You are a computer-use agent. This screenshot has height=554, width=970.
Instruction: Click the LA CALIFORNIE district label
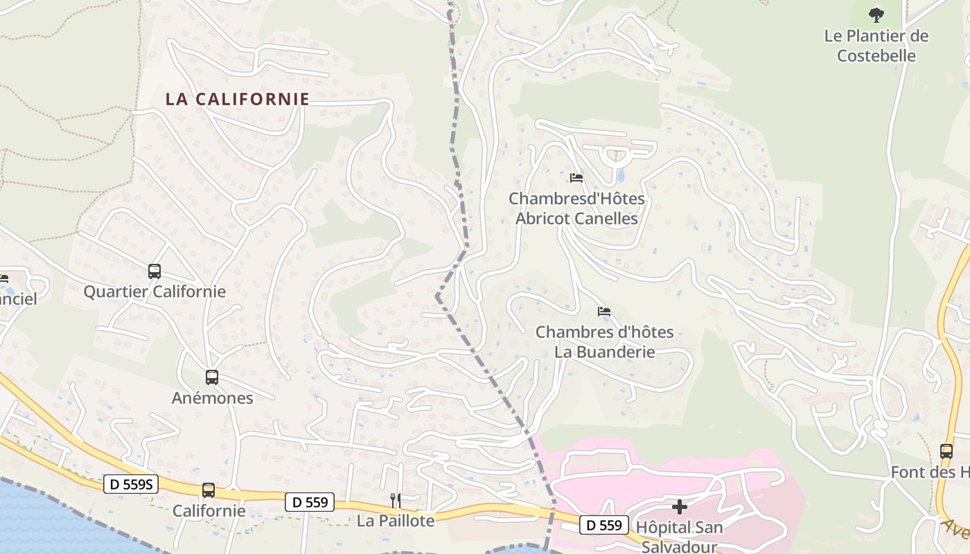[237, 99]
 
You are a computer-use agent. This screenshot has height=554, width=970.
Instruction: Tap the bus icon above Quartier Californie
[155, 271]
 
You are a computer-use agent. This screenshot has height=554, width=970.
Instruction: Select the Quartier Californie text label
[155, 292]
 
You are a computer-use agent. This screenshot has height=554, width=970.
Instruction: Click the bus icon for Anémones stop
[212, 377]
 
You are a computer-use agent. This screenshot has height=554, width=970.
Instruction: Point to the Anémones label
[212, 398]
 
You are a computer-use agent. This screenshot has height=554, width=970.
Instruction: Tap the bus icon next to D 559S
[209, 490]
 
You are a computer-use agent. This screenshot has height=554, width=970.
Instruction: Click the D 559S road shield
[131, 484]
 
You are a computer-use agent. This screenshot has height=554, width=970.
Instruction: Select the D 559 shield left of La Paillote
[309, 502]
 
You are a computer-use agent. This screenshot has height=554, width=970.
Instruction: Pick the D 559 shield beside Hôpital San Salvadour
[603, 525]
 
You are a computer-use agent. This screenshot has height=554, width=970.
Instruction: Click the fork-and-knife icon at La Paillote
[396, 500]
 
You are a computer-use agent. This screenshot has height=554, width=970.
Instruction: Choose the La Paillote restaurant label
[396, 521]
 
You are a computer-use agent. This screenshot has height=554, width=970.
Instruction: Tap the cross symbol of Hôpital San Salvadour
[680, 507]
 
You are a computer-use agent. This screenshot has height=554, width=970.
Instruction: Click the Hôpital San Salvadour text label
[679, 537]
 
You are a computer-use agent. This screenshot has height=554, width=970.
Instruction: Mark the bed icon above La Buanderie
[604, 312]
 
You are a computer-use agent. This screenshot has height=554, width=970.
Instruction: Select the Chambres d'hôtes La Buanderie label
[604, 342]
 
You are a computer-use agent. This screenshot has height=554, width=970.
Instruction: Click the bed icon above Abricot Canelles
[576, 178]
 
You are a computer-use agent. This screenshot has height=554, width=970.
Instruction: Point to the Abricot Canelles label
[576, 208]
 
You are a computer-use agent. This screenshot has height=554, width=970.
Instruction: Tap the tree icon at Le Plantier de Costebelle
[876, 15]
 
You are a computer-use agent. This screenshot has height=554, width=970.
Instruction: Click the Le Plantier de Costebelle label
[876, 46]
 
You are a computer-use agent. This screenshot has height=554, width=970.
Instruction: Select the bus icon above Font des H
[946, 451]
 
